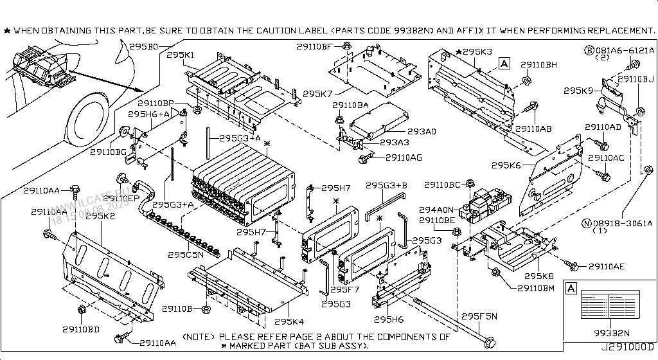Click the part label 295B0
click(x=144, y=47)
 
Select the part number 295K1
click(x=181, y=56)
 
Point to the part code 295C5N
click(x=186, y=255)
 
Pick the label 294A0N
click(x=437, y=210)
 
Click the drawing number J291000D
click(x=627, y=354)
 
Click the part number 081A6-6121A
click(x=623, y=50)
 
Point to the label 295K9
click(x=578, y=91)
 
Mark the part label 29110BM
click(x=536, y=287)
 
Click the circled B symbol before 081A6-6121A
click(x=589, y=50)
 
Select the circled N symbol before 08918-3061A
click(x=586, y=223)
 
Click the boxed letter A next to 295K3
click(x=504, y=63)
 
